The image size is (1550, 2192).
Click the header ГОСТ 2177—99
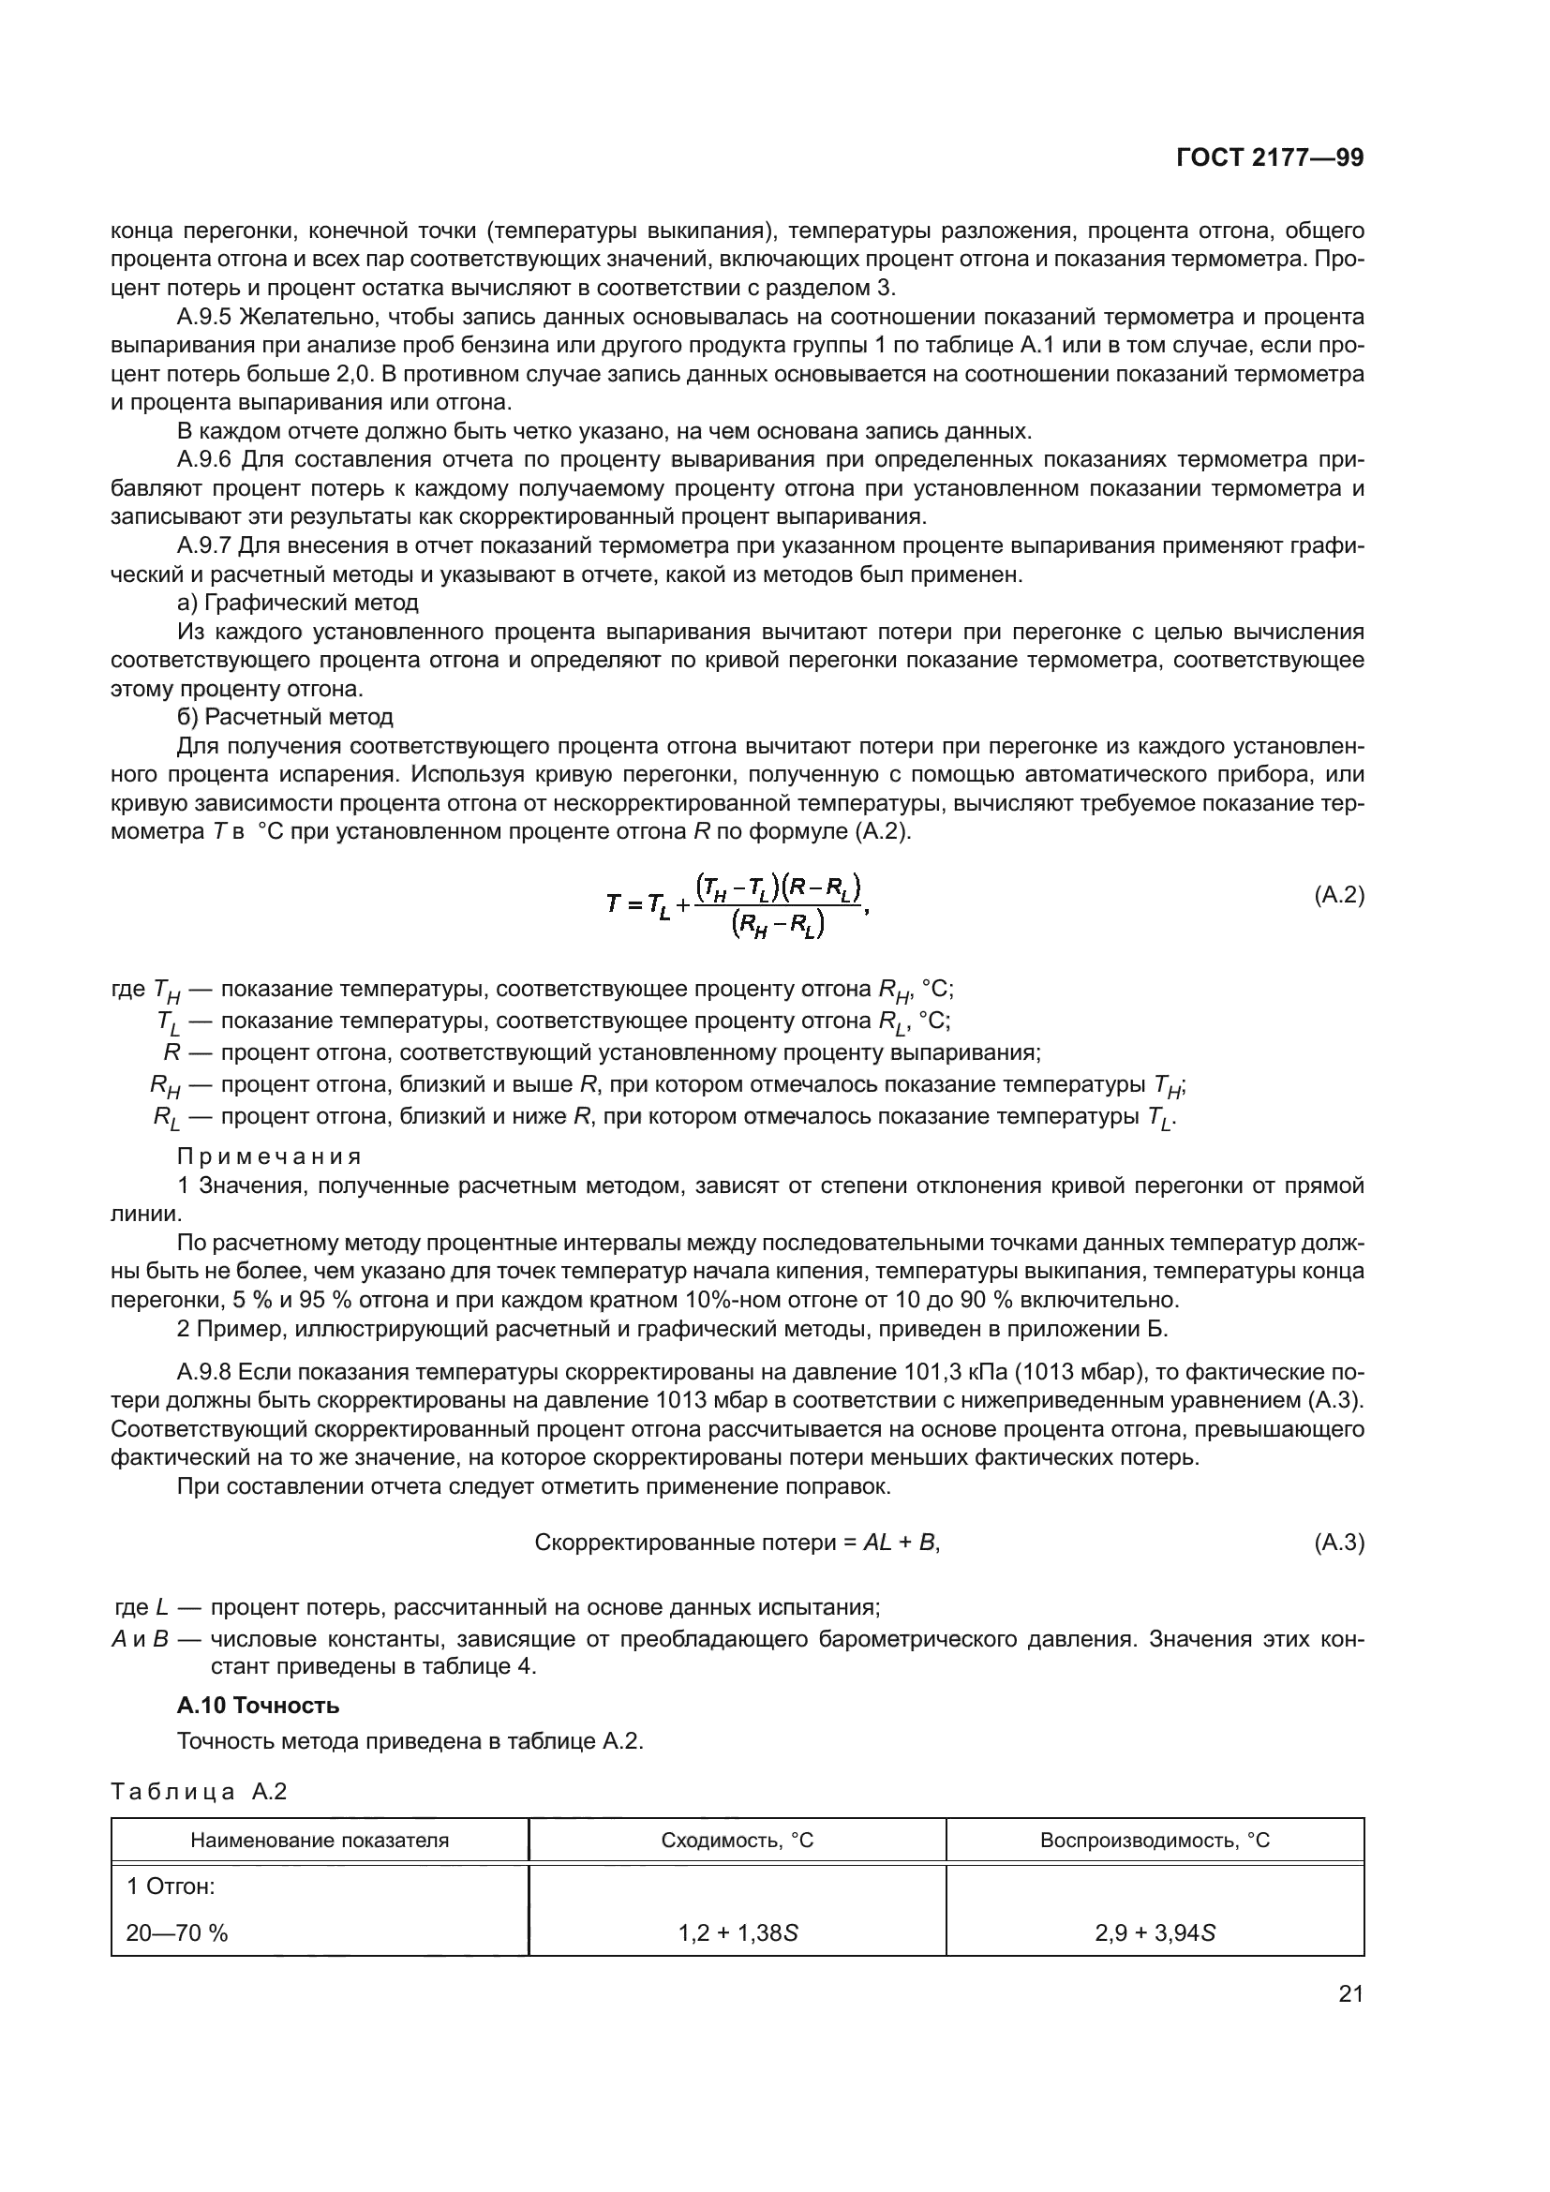coord(1270,158)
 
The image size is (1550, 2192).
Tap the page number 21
coord(1350,1993)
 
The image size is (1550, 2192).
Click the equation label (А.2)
coord(1339,895)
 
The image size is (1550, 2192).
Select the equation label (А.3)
coord(1339,1542)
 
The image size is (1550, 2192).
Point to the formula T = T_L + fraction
coord(737,903)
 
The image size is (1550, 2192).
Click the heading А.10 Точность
coord(258,1704)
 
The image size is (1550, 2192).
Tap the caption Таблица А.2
coord(199,1791)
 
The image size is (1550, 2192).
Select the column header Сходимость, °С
coord(737,1840)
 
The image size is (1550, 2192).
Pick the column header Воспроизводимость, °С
coord(1155,1840)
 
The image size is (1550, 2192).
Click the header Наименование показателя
coord(320,1840)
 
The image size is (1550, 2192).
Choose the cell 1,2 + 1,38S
coord(738,1933)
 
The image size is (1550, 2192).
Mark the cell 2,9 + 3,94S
coord(1155,1933)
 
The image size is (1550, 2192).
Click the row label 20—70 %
coord(177,1933)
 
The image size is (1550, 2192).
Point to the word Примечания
coord(269,1156)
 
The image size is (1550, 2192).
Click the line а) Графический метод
coord(298,603)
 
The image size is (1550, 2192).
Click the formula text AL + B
coord(901,1542)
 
